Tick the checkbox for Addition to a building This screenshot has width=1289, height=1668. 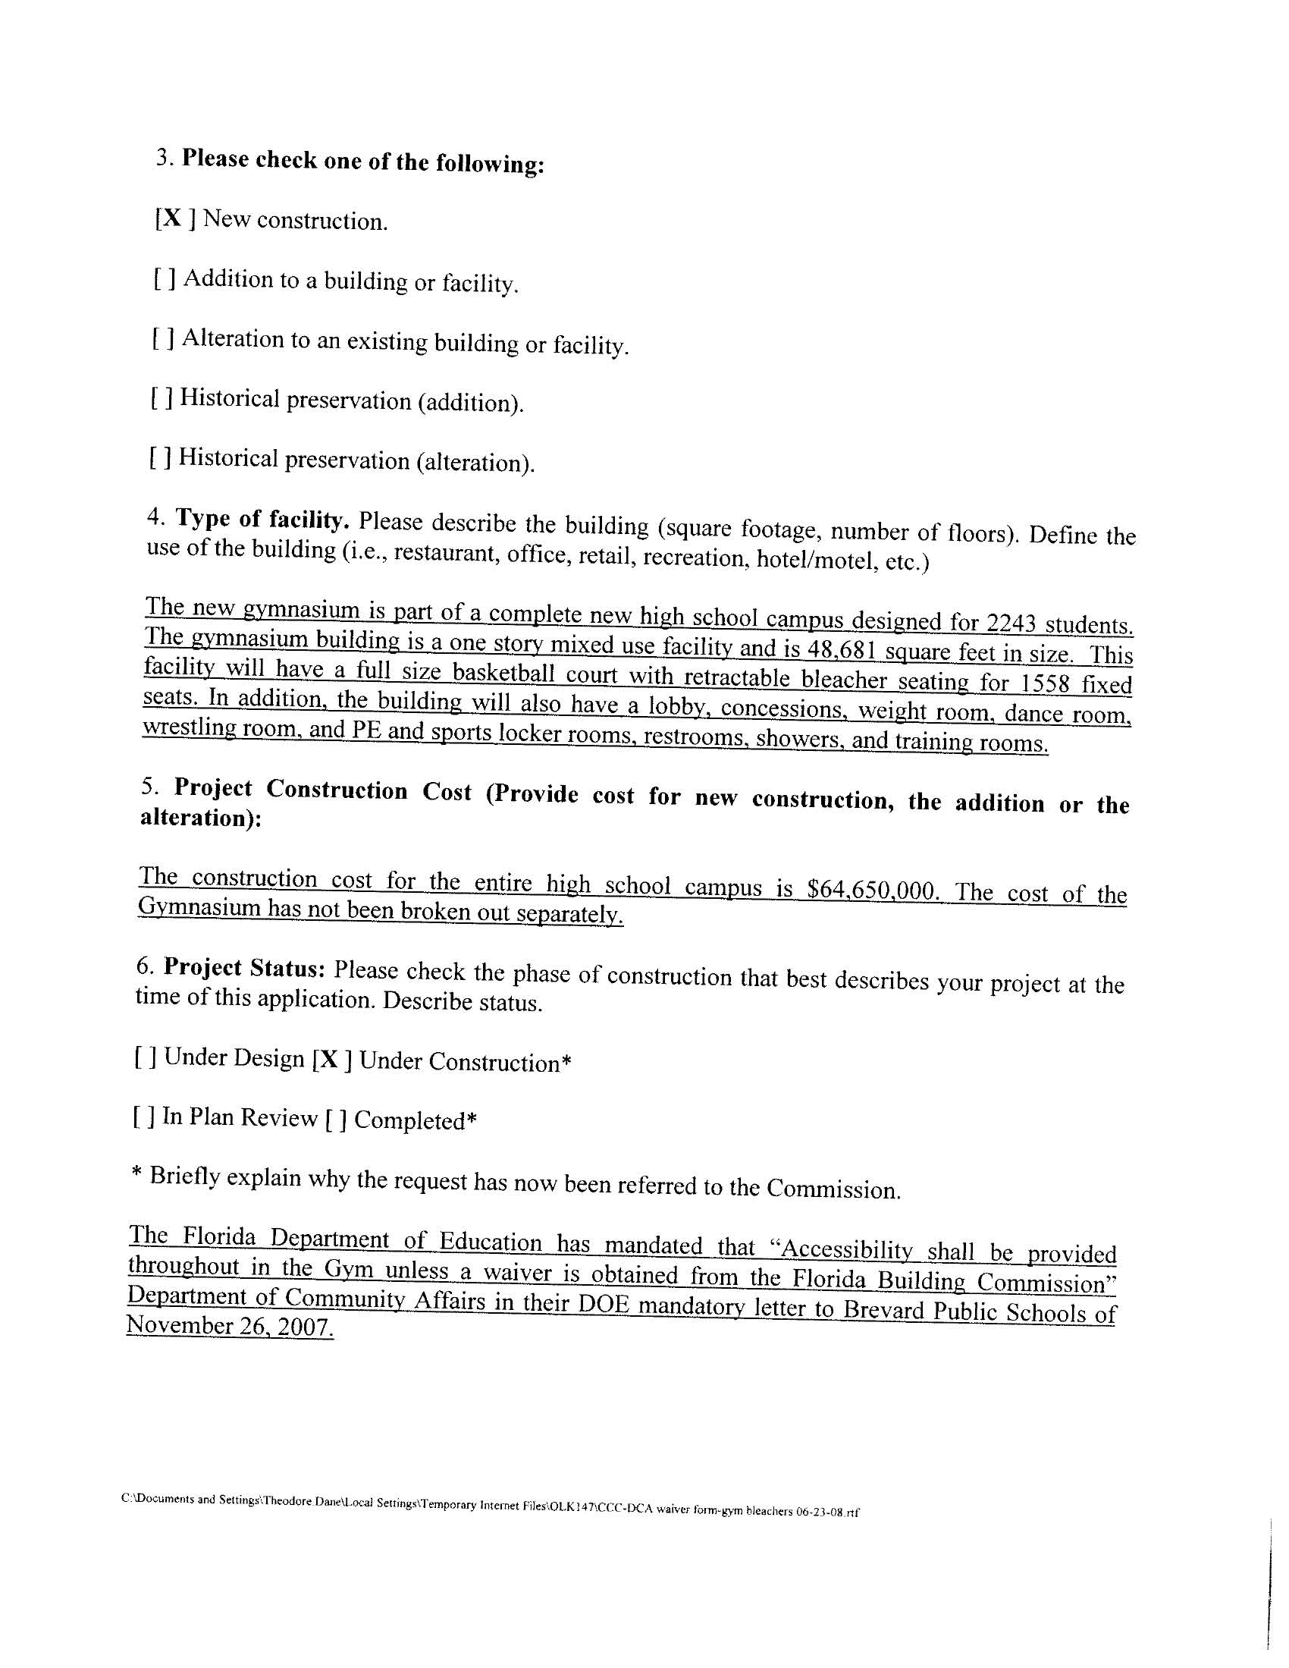coord(165,278)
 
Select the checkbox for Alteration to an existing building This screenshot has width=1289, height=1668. coord(163,338)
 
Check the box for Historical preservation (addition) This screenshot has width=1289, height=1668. coord(161,397)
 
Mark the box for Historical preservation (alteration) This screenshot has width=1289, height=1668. coord(159,457)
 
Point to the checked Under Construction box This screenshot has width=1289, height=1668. coord(331,1060)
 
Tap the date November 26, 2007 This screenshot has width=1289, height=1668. coord(230,1327)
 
